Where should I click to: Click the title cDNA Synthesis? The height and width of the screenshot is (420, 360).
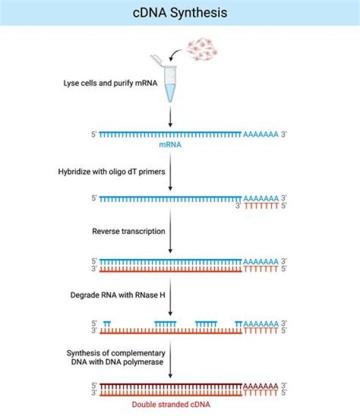(180, 12)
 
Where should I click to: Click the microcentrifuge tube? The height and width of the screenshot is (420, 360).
(170, 82)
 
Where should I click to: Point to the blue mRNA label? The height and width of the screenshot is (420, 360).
(170, 144)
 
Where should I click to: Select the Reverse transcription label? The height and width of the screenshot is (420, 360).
(128, 231)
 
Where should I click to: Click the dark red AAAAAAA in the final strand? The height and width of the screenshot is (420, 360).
(260, 386)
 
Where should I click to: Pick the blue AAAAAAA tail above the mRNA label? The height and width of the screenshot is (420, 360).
(260, 134)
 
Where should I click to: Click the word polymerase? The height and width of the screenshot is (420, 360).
(145, 362)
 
